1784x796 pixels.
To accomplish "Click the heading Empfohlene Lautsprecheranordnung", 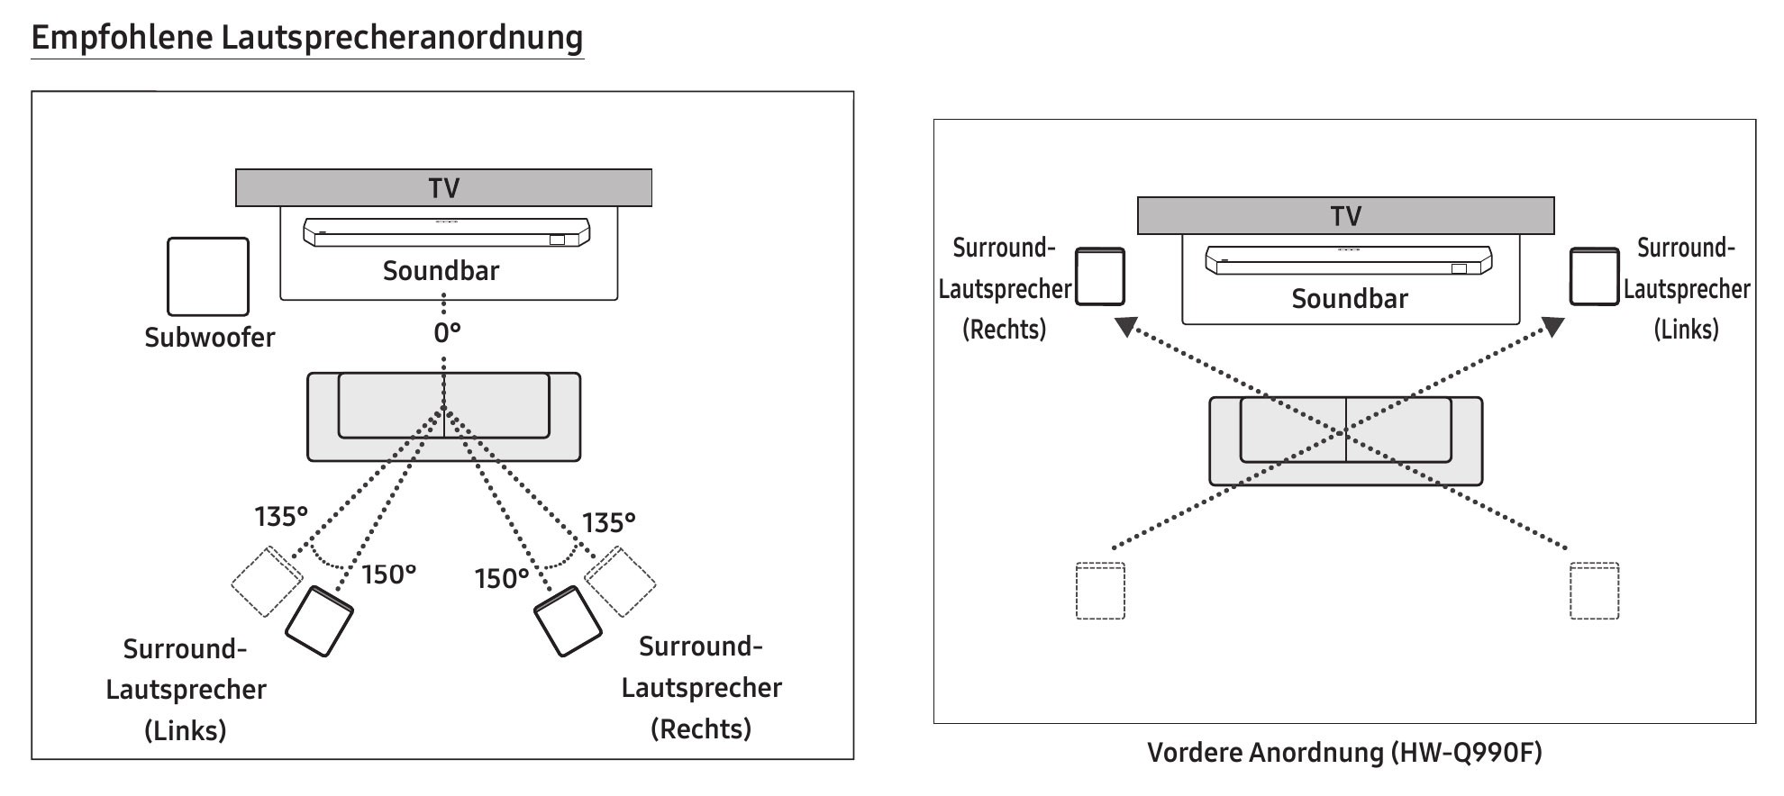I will click(x=307, y=38).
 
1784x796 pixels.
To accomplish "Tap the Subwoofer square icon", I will click(x=208, y=276).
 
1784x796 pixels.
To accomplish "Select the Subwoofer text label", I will click(x=210, y=338).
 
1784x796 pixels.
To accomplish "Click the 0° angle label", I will click(x=447, y=334).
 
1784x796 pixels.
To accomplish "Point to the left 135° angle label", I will click(x=281, y=517).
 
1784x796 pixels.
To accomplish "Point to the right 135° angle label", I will click(x=609, y=523).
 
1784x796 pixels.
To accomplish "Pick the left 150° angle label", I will click(x=389, y=574).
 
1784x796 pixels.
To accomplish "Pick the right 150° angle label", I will click(x=502, y=578).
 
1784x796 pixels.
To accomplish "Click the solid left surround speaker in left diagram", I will click(x=319, y=620).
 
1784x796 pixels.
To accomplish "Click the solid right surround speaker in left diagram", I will click(x=568, y=621).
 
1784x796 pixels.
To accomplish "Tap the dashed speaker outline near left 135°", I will click(x=266, y=582).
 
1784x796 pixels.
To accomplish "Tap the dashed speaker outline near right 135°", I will click(x=621, y=581).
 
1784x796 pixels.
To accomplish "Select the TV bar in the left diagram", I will click(x=443, y=188).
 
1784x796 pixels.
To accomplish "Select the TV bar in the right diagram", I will click(x=1345, y=216).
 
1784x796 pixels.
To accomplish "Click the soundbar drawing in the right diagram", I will click(x=1348, y=261).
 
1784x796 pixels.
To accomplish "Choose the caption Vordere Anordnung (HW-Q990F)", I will click(x=1344, y=752).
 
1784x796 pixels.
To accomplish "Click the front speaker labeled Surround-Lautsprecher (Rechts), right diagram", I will click(x=1101, y=276).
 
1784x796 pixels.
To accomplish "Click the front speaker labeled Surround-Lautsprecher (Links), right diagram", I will click(x=1594, y=276).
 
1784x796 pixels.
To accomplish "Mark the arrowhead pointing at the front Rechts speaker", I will click(x=1125, y=326).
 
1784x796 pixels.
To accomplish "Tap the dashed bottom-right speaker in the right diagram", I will click(x=1594, y=591).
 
